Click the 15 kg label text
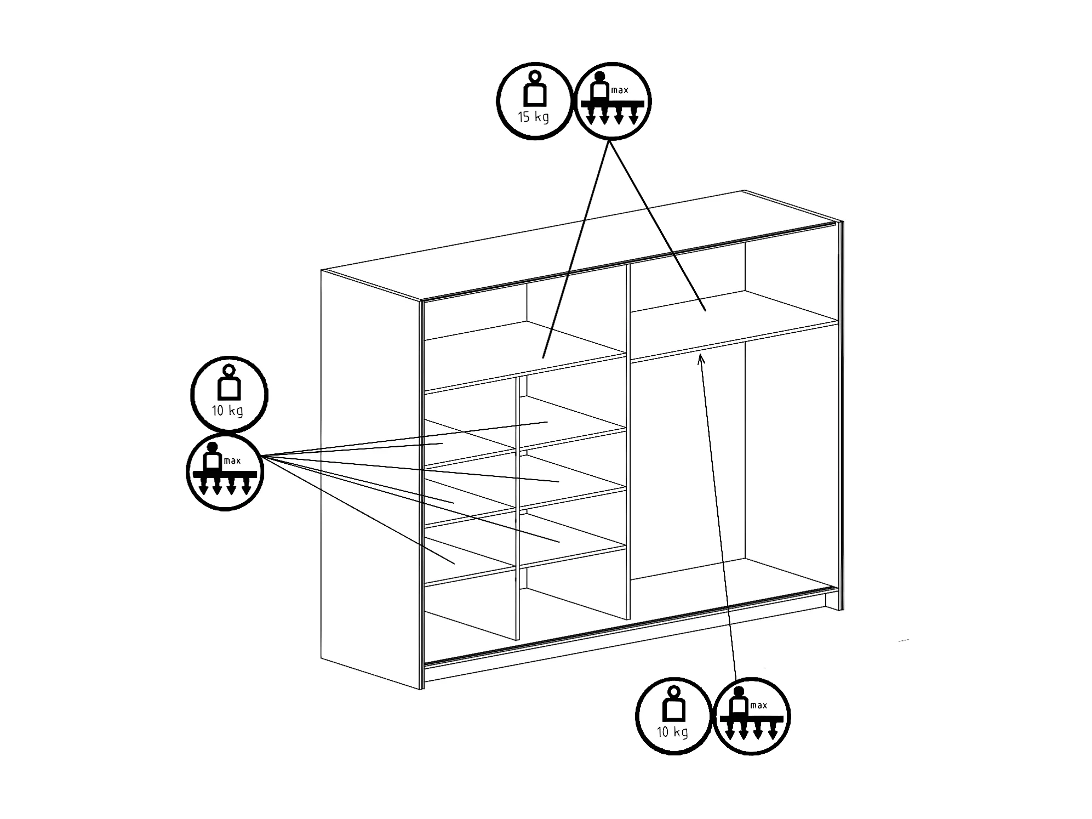coord(533,117)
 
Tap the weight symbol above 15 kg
coord(535,89)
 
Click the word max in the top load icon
coord(620,90)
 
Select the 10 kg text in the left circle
coord(227,411)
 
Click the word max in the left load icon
coord(232,460)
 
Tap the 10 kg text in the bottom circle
coord(672,732)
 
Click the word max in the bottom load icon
coord(758,706)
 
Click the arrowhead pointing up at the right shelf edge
coord(700,359)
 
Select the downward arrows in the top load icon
coord(612,116)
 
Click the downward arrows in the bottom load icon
coord(751,731)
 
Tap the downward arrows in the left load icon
coord(224,486)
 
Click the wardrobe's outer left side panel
coord(370,477)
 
